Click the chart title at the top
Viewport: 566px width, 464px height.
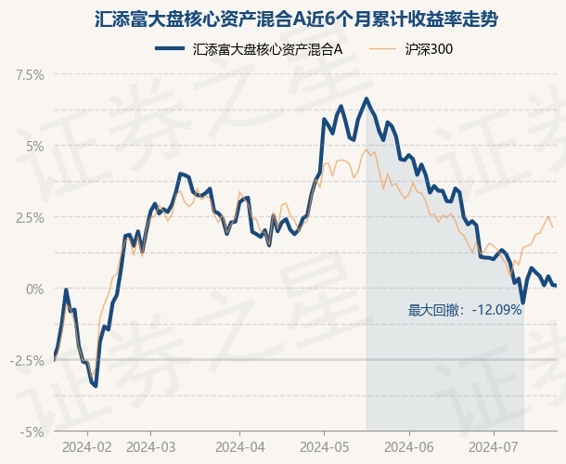pos(296,19)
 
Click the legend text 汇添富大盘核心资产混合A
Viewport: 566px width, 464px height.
pos(267,49)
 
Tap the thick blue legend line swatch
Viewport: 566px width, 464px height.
pos(170,48)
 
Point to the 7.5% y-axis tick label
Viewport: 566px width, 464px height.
pos(30,75)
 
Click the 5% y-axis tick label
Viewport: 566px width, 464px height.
pos(34,147)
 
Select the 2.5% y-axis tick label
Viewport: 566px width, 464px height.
pos(30,218)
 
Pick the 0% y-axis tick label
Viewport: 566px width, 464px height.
pos(34,289)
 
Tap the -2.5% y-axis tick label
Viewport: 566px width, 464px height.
pos(27,360)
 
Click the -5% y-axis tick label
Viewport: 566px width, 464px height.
pos(32,432)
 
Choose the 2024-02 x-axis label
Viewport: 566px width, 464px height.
pos(87,447)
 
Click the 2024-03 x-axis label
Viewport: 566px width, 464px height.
pos(151,447)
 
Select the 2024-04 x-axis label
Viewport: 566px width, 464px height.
pos(240,447)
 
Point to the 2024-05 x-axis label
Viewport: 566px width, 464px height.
pos(325,447)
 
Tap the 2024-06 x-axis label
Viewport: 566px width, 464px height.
pos(409,447)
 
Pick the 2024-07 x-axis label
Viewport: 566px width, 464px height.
pos(494,447)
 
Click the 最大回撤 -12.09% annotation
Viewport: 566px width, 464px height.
pos(465,310)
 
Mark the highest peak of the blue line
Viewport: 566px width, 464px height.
pos(367,98)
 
